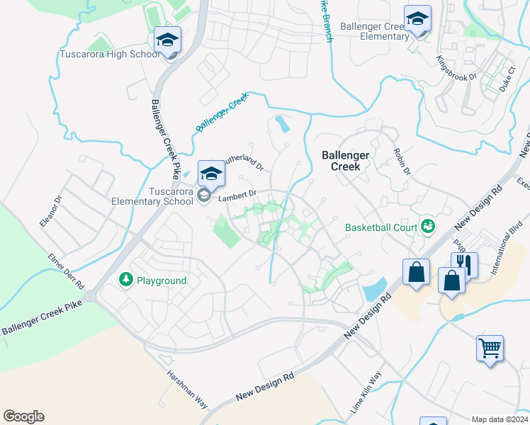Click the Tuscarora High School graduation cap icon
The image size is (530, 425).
168,40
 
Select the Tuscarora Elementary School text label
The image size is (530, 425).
152,196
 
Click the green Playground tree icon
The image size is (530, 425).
126,280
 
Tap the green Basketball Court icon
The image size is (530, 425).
427,226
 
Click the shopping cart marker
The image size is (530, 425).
490,348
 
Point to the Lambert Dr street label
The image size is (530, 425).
236,195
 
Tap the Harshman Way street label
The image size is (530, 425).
188,390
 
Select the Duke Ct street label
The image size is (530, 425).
504,77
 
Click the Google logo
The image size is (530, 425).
23,416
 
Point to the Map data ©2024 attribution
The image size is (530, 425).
500,419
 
